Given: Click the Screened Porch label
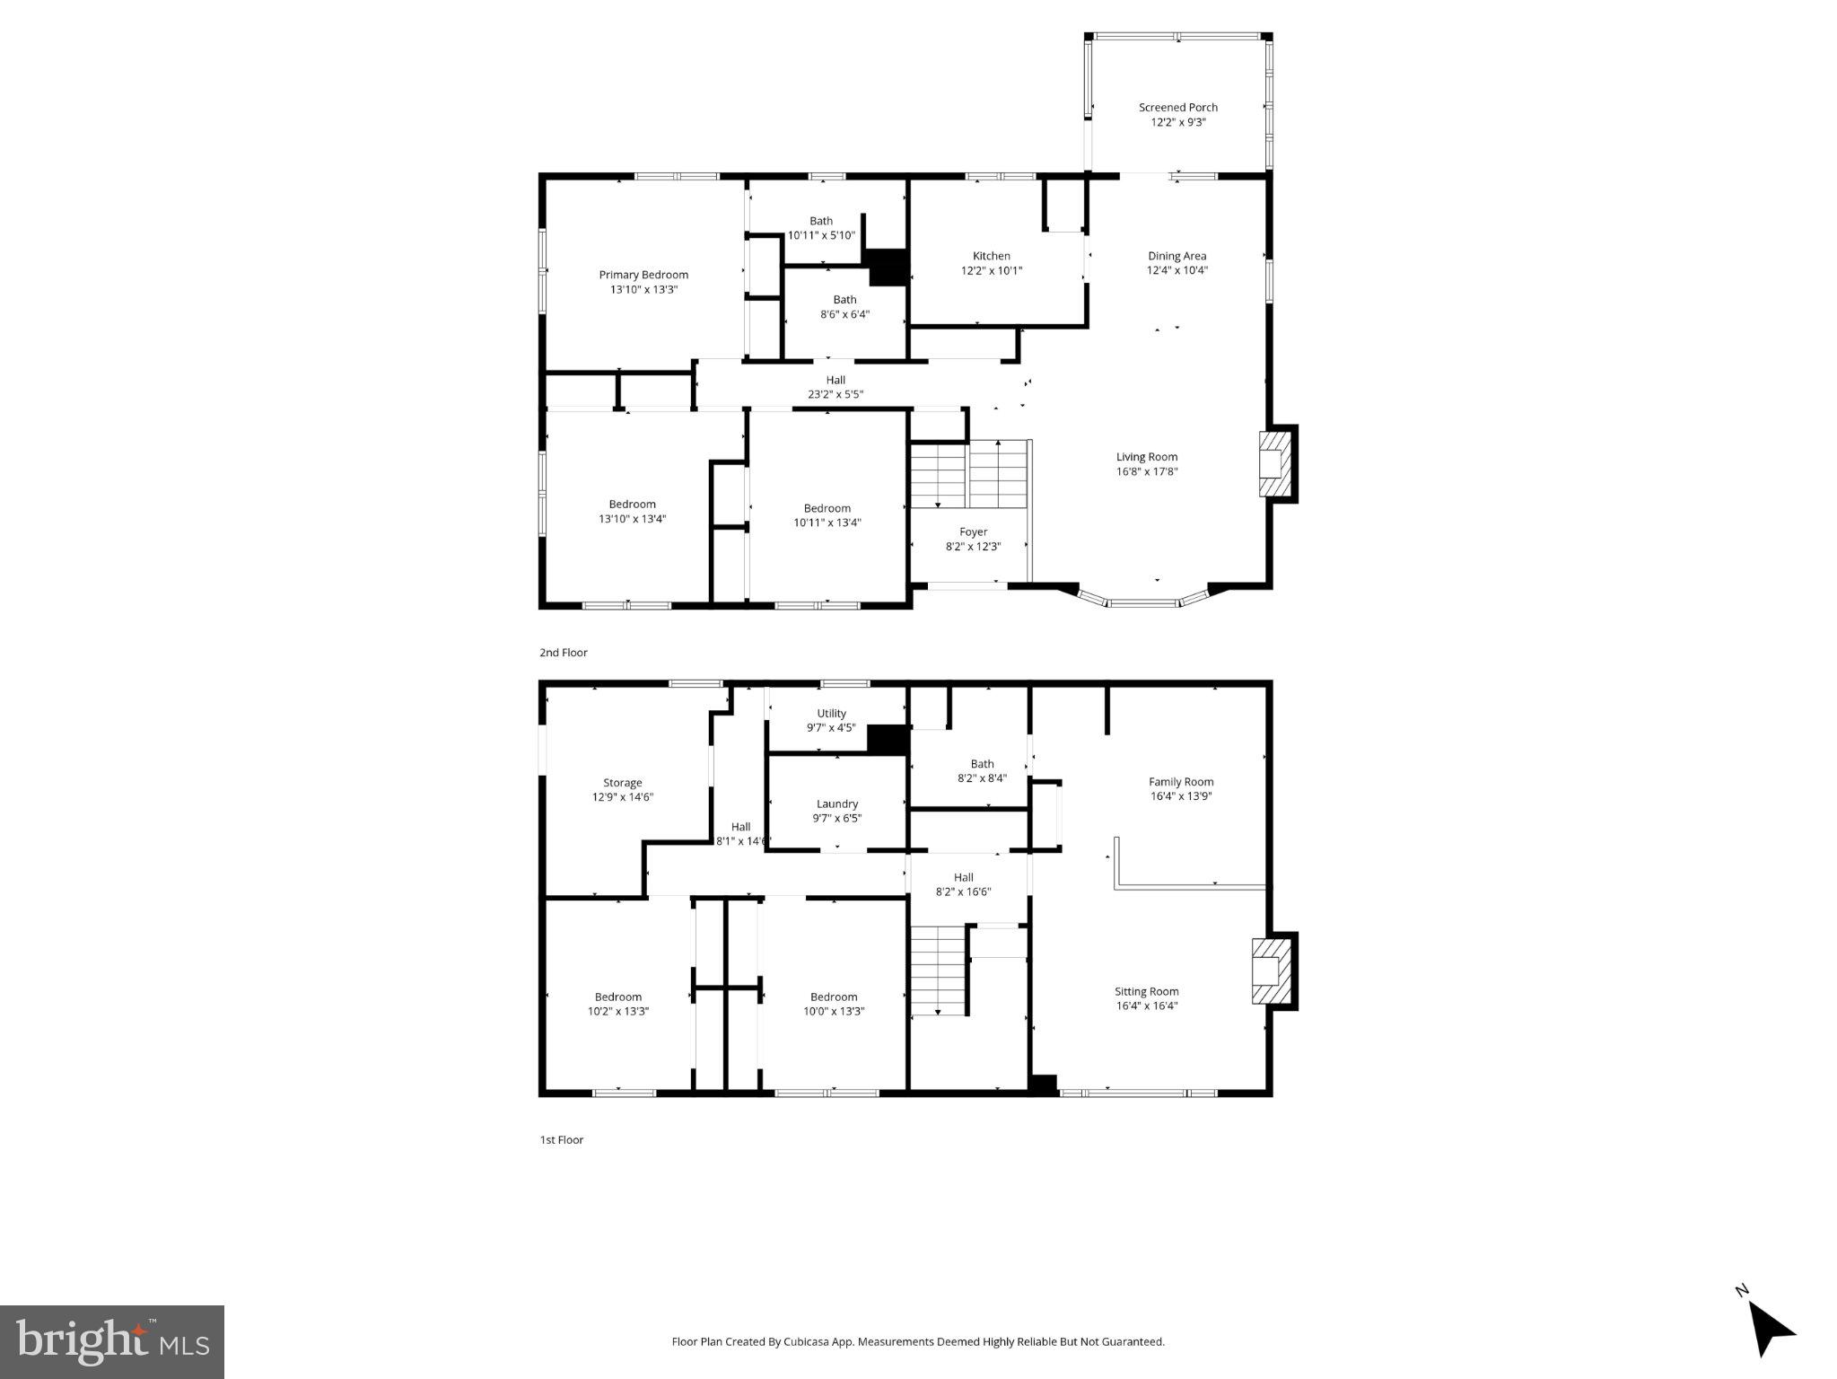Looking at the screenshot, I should pos(1177,114).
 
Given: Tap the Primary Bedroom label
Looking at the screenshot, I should pos(643,282).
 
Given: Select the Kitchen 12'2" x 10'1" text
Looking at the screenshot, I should pos(992,263).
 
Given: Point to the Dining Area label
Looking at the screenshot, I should pos(1177,262).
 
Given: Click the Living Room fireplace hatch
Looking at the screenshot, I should pos(1276,464).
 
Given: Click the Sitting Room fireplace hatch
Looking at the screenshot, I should pos(1271,971).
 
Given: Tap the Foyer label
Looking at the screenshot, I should pos(973,539).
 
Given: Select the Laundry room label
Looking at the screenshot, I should pos(836,811).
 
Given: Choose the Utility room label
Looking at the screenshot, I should pos(831,720).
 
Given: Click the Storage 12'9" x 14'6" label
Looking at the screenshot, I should pos(622,789).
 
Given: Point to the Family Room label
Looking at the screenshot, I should pos(1181,788).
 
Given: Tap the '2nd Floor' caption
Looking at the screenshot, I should pos(563,653).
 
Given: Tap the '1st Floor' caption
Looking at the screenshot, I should pos(561,1139).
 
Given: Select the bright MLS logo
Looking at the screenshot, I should pos(112,1342).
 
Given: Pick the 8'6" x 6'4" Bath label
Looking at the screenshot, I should pos(844,307).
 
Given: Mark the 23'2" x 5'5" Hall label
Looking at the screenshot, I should pos(835,387).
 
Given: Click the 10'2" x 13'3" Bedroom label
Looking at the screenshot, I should pos(617,1004).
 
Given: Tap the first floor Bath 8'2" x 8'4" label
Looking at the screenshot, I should pos(982,771).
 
